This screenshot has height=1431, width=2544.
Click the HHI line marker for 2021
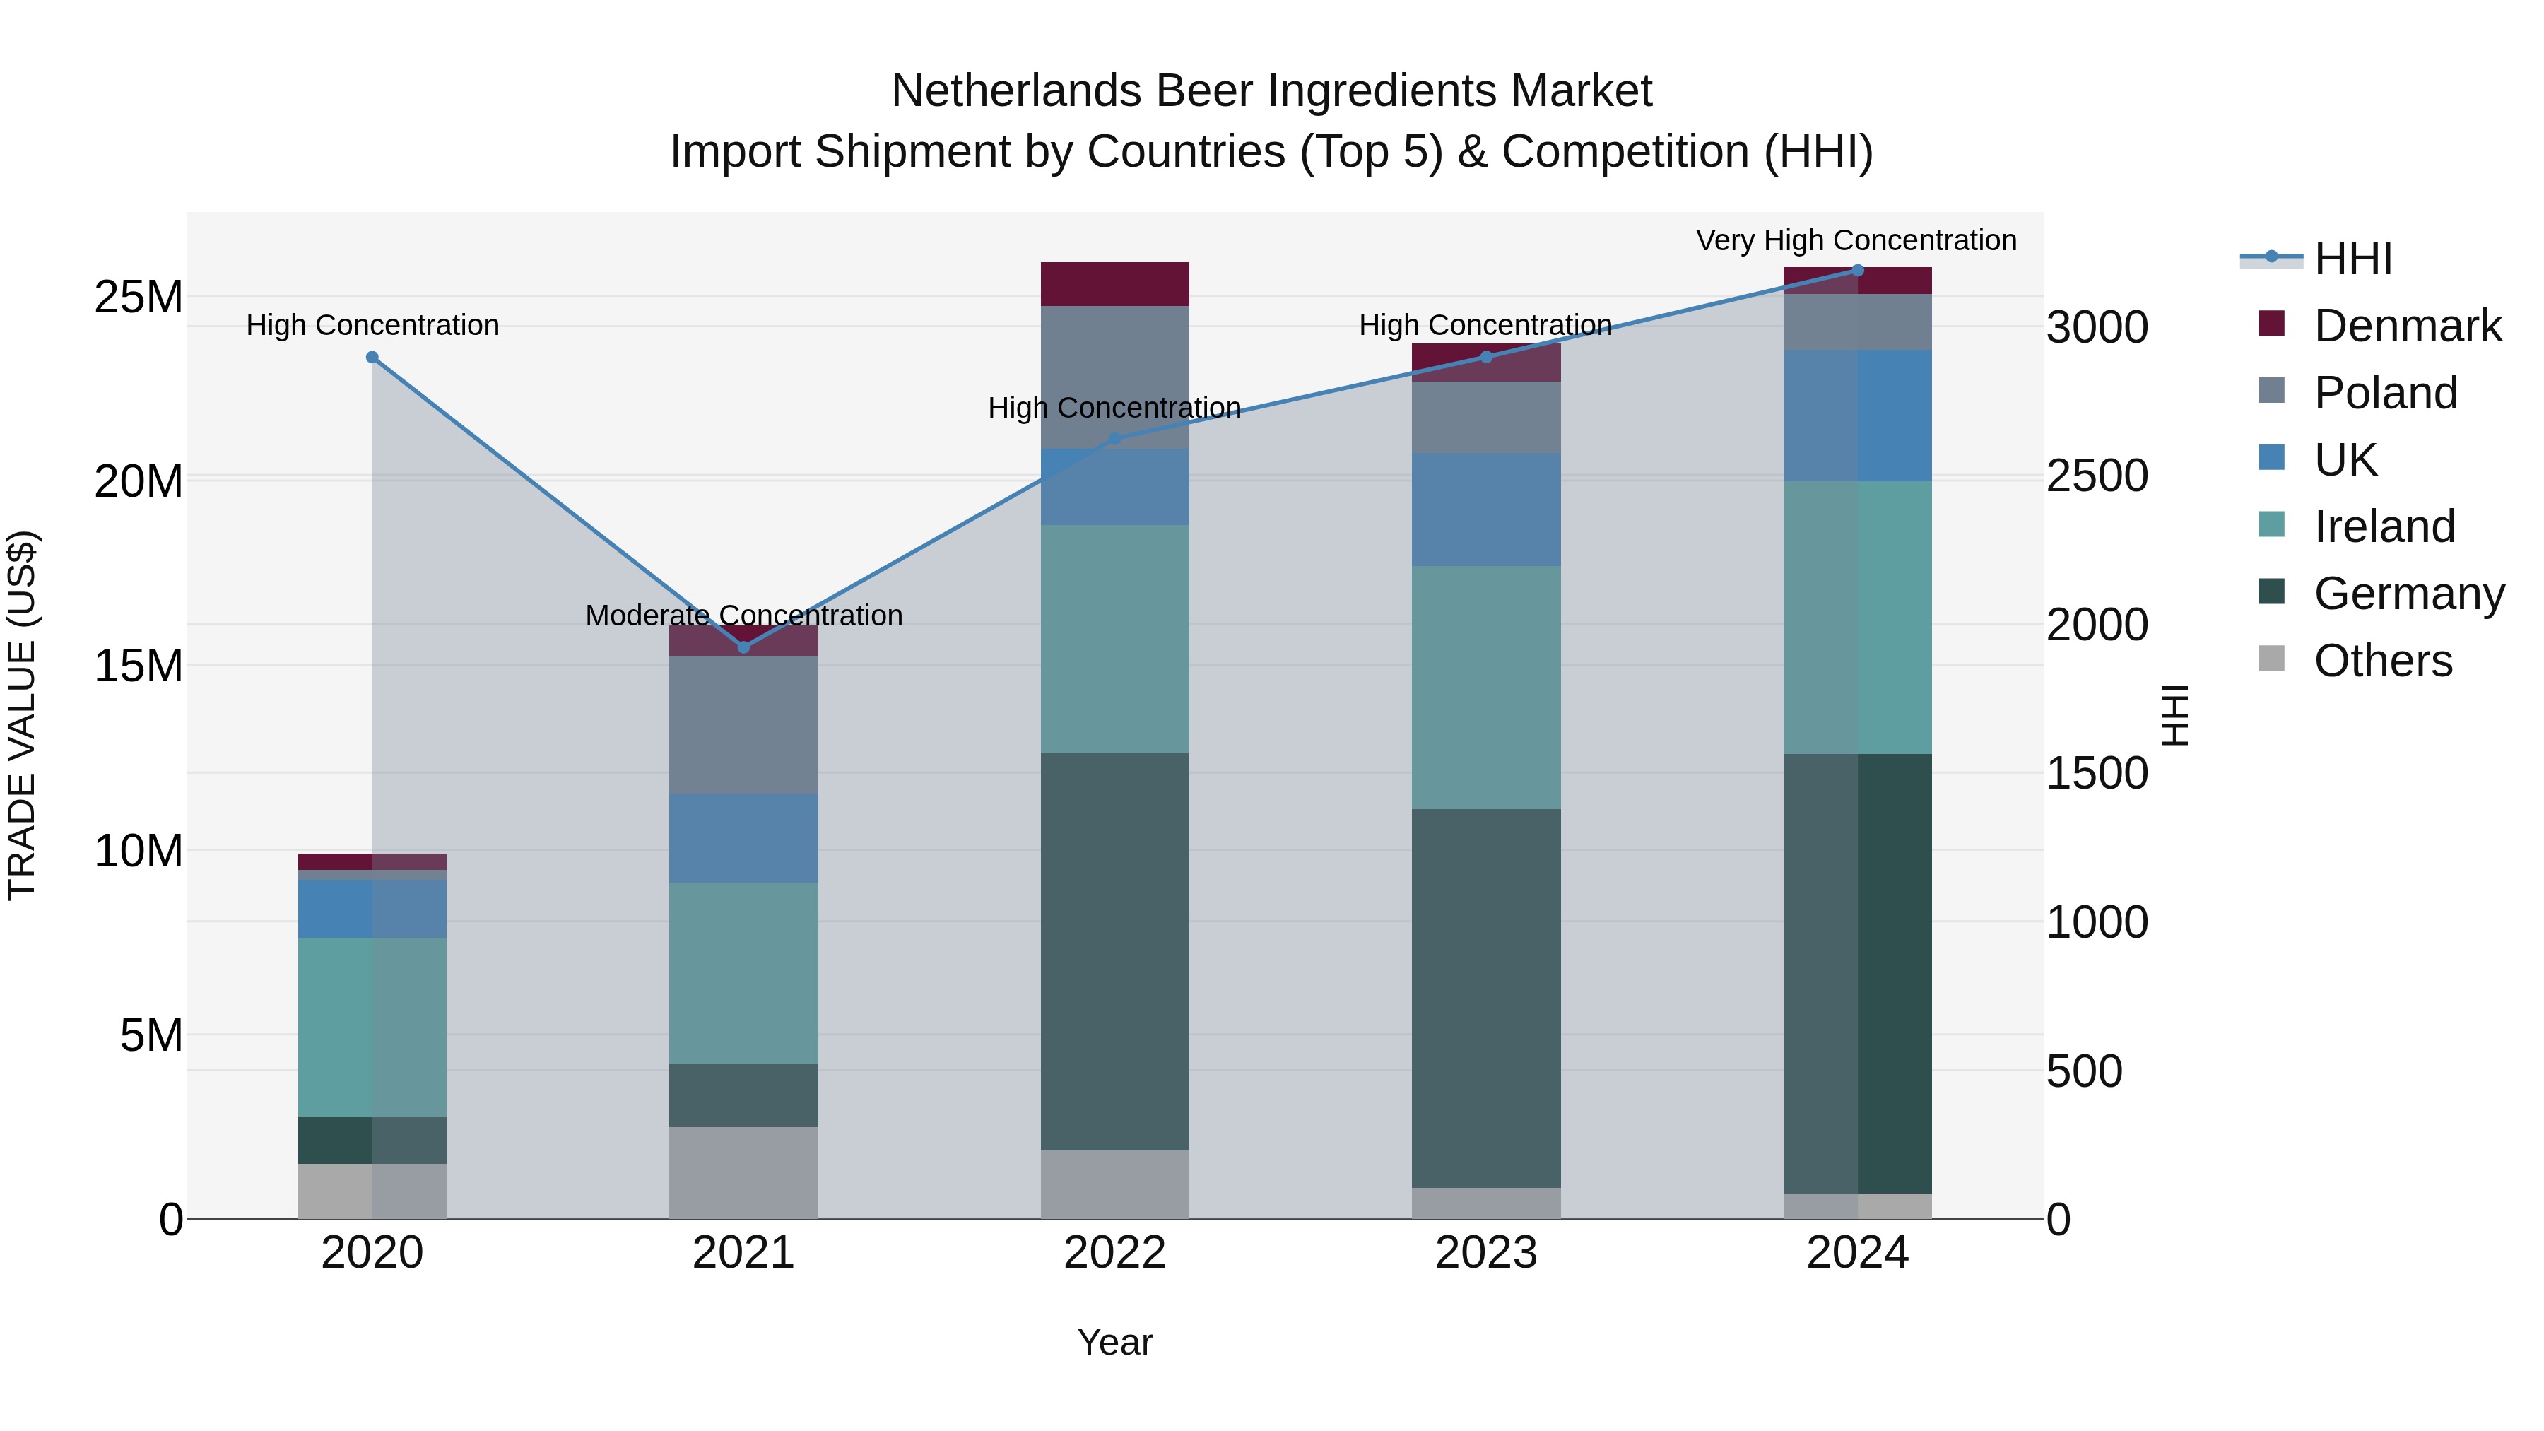(743, 647)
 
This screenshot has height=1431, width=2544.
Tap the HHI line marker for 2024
(1856, 271)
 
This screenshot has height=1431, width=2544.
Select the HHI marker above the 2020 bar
(372, 358)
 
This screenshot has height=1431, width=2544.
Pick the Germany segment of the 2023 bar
(1485, 997)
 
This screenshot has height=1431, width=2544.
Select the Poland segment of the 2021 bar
(743, 725)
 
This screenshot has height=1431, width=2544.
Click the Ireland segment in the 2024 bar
(1856, 617)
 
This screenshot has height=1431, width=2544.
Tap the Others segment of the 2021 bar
(743, 1172)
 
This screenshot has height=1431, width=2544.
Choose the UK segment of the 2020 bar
(372, 909)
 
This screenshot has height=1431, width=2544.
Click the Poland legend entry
(2384, 393)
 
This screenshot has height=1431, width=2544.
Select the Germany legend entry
(2408, 594)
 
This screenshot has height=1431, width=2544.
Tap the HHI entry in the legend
(2352, 259)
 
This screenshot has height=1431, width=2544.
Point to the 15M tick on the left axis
(139, 666)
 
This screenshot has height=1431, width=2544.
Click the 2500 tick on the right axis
(2097, 476)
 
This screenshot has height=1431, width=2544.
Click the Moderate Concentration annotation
(743, 616)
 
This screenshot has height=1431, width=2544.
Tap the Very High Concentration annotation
(1856, 240)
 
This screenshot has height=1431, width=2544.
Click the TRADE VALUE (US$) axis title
(22, 715)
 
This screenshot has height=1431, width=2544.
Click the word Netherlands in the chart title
(1015, 91)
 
